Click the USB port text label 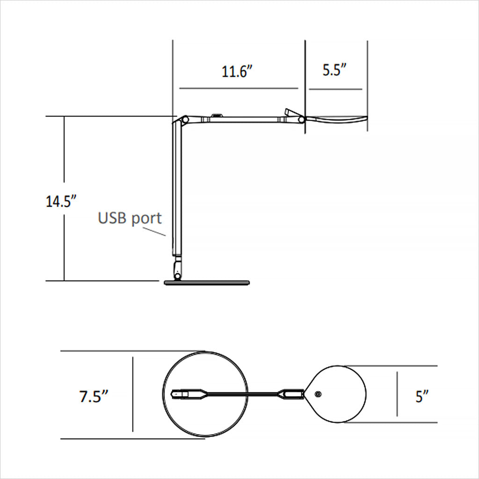[130, 218]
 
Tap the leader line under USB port [154, 231]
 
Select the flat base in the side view [207, 283]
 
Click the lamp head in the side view [336, 120]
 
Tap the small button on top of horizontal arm [217, 115]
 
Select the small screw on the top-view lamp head [318, 394]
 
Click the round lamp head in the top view [339, 394]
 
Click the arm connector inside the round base [187, 394]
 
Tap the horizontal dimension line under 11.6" [239, 88]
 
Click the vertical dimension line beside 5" [397, 394]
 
